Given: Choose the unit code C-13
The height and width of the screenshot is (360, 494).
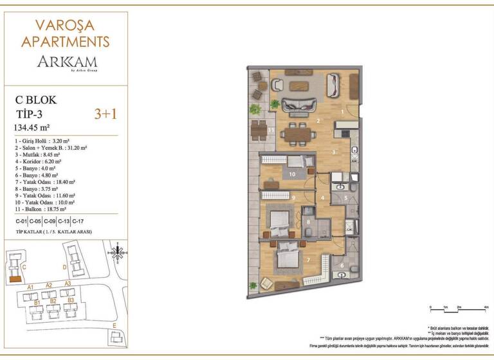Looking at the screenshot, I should (x=63, y=222).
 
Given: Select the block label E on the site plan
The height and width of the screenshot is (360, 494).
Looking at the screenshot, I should (x=114, y=326).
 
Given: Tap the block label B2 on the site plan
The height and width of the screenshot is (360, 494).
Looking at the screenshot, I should (x=53, y=301).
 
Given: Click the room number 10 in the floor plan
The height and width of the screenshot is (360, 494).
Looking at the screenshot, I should (x=291, y=174).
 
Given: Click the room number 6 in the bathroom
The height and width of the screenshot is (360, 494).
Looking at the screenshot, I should (x=341, y=265).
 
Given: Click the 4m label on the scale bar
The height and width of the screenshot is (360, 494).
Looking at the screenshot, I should (x=486, y=308).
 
